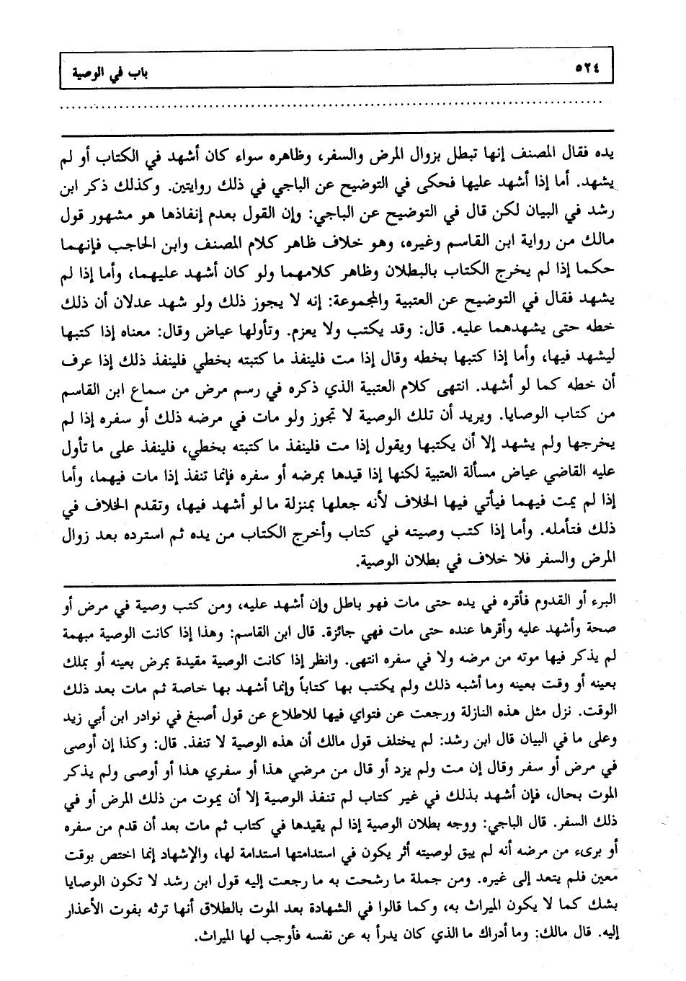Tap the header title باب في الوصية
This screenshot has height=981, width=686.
coord(106,71)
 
